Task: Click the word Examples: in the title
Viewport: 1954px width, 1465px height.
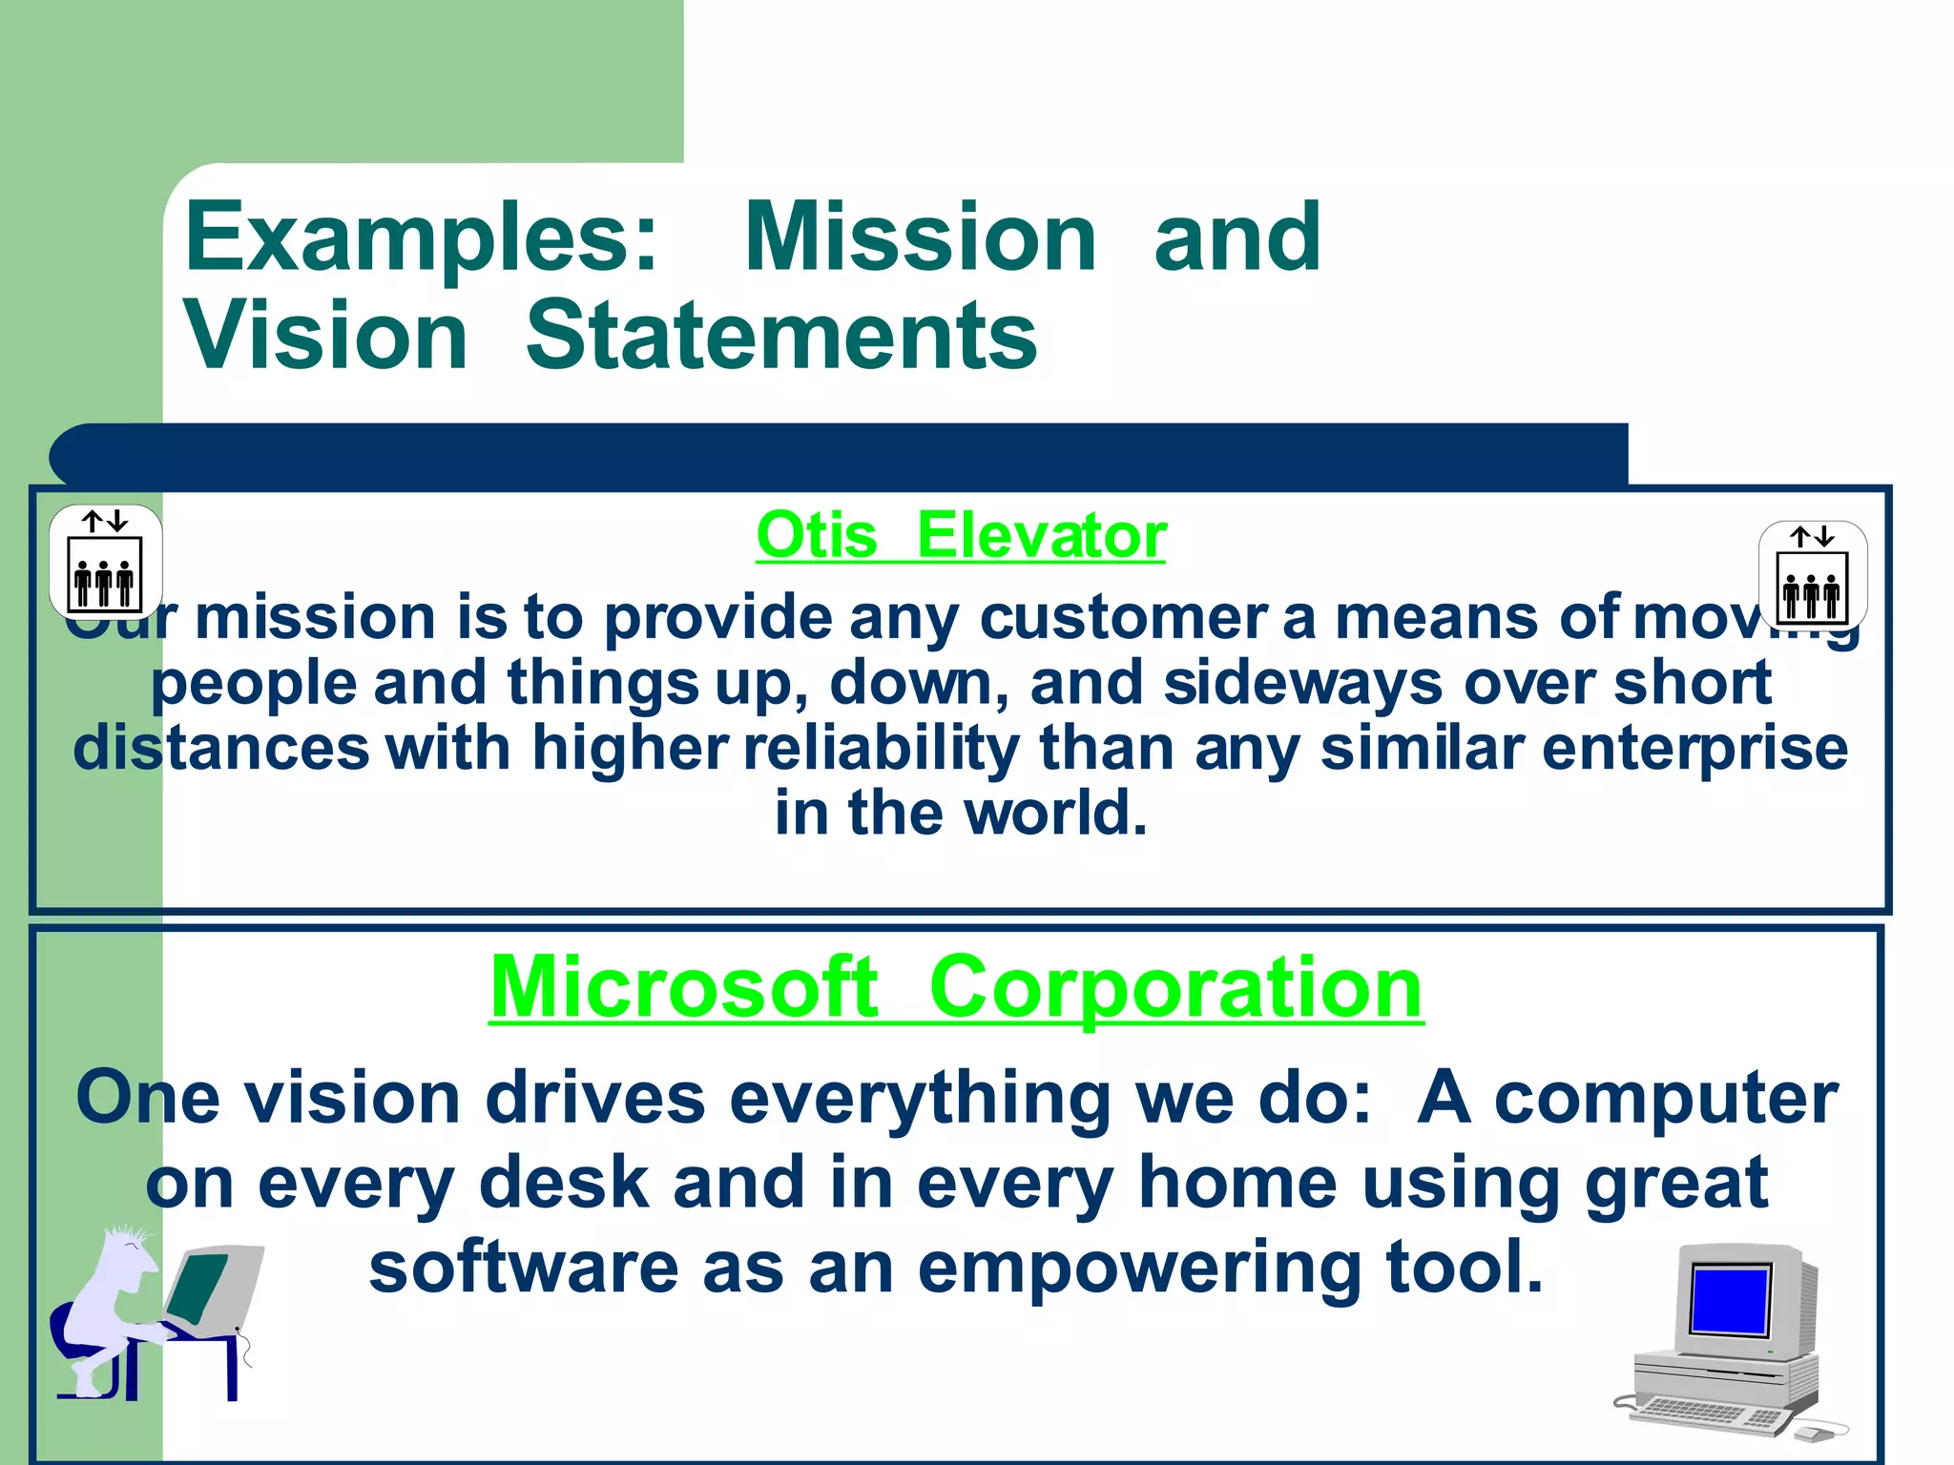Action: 421,238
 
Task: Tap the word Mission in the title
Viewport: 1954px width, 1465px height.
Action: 920,238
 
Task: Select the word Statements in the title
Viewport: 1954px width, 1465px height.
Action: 780,336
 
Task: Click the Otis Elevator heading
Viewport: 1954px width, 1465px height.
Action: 961,536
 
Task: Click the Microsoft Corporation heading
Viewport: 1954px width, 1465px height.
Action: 956,988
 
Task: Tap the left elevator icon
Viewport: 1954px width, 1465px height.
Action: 105,563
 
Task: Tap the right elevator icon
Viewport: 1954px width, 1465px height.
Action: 1812,575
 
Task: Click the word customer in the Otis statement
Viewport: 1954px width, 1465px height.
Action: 1123,619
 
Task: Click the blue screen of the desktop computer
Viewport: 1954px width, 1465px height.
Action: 1729,1299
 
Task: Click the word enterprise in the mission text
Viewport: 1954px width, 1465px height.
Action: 1694,748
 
